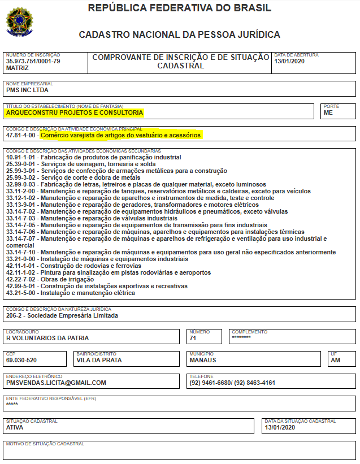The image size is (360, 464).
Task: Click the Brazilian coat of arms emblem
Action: coord(20,21)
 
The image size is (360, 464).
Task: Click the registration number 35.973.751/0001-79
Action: coord(33,61)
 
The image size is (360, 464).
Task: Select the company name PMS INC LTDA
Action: coord(27,90)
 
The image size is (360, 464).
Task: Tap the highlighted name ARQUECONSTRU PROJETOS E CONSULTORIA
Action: coord(75,112)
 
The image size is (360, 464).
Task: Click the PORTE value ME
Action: coord(328,112)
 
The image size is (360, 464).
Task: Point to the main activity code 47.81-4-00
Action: coord(21,136)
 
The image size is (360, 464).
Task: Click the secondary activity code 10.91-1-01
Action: coord(21,157)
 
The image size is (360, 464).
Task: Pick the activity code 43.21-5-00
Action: coord(21,293)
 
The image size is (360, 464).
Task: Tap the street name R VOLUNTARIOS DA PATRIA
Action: coord(47,339)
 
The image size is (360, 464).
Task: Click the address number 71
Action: coord(193,339)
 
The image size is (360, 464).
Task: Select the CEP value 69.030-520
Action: coord(21,360)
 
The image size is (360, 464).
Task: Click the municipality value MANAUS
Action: coord(203,360)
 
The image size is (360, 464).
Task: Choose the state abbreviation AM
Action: coord(336,360)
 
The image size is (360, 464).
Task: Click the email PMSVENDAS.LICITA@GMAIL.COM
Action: coord(56,383)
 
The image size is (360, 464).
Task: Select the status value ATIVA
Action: coord(15,428)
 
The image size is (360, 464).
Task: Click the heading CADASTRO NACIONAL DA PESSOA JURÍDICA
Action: coord(180,35)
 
